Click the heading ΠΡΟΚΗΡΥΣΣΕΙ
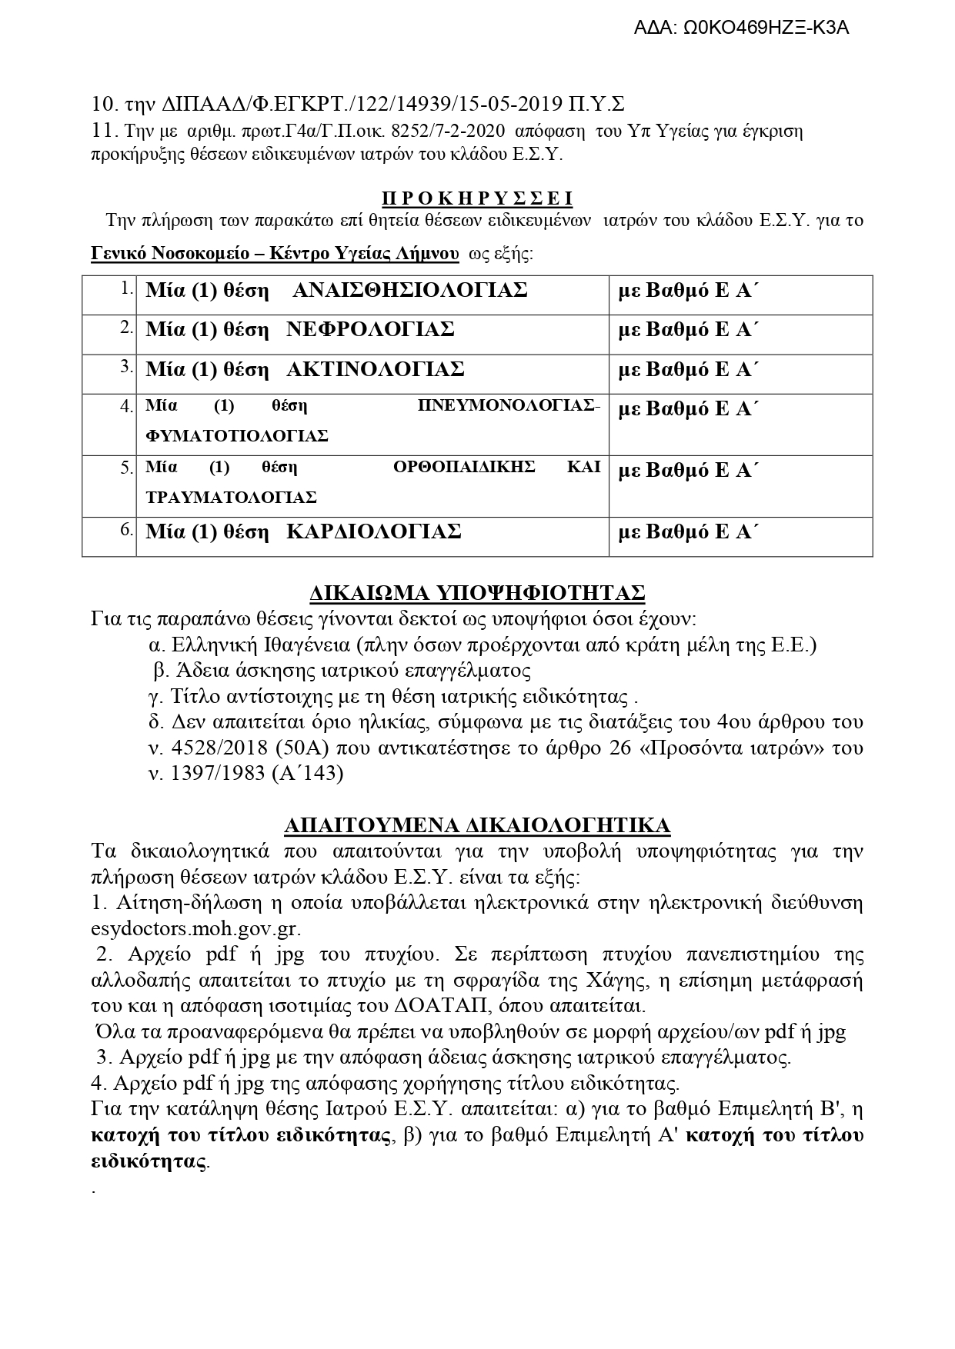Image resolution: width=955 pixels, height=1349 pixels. [x=477, y=199]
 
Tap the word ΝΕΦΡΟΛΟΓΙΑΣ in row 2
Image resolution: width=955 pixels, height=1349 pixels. [x=370, y=329]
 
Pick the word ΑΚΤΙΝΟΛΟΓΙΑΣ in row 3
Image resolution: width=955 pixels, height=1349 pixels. [x=375, y=369]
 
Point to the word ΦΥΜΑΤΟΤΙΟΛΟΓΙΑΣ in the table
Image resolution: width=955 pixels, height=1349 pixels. [x=237, y=436]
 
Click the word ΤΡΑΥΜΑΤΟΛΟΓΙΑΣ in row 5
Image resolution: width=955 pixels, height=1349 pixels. [x=231, y=497]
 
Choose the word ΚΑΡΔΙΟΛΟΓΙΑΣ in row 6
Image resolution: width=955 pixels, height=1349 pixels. [x=373, y=531]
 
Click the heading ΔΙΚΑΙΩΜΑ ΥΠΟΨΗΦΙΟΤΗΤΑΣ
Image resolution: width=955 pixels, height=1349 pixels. [x=477, y=593]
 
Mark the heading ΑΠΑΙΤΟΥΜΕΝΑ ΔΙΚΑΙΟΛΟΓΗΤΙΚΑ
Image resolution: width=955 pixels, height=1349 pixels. [x=477, y=826]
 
